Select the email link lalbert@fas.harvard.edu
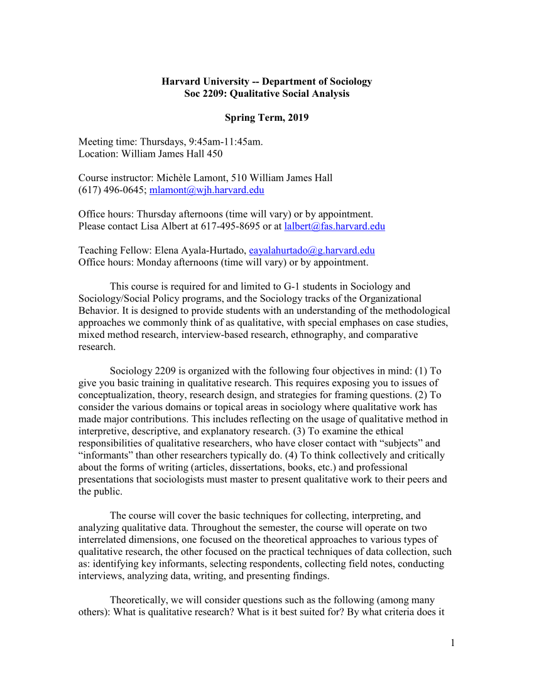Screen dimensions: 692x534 (334, 226)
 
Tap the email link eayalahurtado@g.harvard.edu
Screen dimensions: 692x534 (312, 250)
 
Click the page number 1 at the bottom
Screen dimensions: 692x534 (452, 642)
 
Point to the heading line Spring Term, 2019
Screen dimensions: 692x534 (266, 118)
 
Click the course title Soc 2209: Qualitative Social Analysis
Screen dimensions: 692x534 (266, 94)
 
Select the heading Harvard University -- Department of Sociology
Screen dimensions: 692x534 (266, 82)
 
